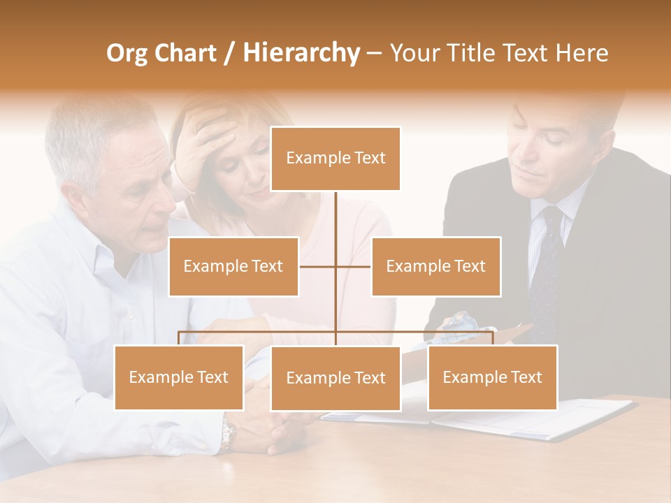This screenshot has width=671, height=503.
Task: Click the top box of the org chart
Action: click(x=335, y=159)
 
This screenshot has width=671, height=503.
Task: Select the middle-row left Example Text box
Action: click(x=233, y=266)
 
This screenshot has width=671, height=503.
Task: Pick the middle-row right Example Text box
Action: click(x=435, y=266)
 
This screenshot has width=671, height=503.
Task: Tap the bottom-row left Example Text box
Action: click(x=179, y=377)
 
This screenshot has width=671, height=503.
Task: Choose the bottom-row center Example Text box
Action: click(x=335, y=378)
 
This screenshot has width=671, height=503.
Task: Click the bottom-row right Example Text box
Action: click(x=492, y=377)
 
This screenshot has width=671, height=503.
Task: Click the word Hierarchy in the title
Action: click(x=301, y=53)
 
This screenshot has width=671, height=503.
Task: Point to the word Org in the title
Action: click(x=127, y=53)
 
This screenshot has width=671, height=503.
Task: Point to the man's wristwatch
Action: click(x=228, y=435)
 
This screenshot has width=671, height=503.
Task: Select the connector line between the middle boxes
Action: click(x=335, y=266)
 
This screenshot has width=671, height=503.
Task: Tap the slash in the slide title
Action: click(x=229, y=53)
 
